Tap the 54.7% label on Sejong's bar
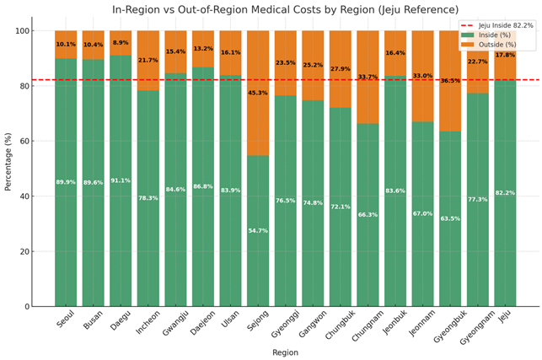tap(258, 231)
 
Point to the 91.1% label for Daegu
tap(121, 180)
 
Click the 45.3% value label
tap(258, 94)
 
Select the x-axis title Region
tap(285, 352)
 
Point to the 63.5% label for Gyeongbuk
tap(450, 219)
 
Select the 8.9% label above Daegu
tap(121, 43)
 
